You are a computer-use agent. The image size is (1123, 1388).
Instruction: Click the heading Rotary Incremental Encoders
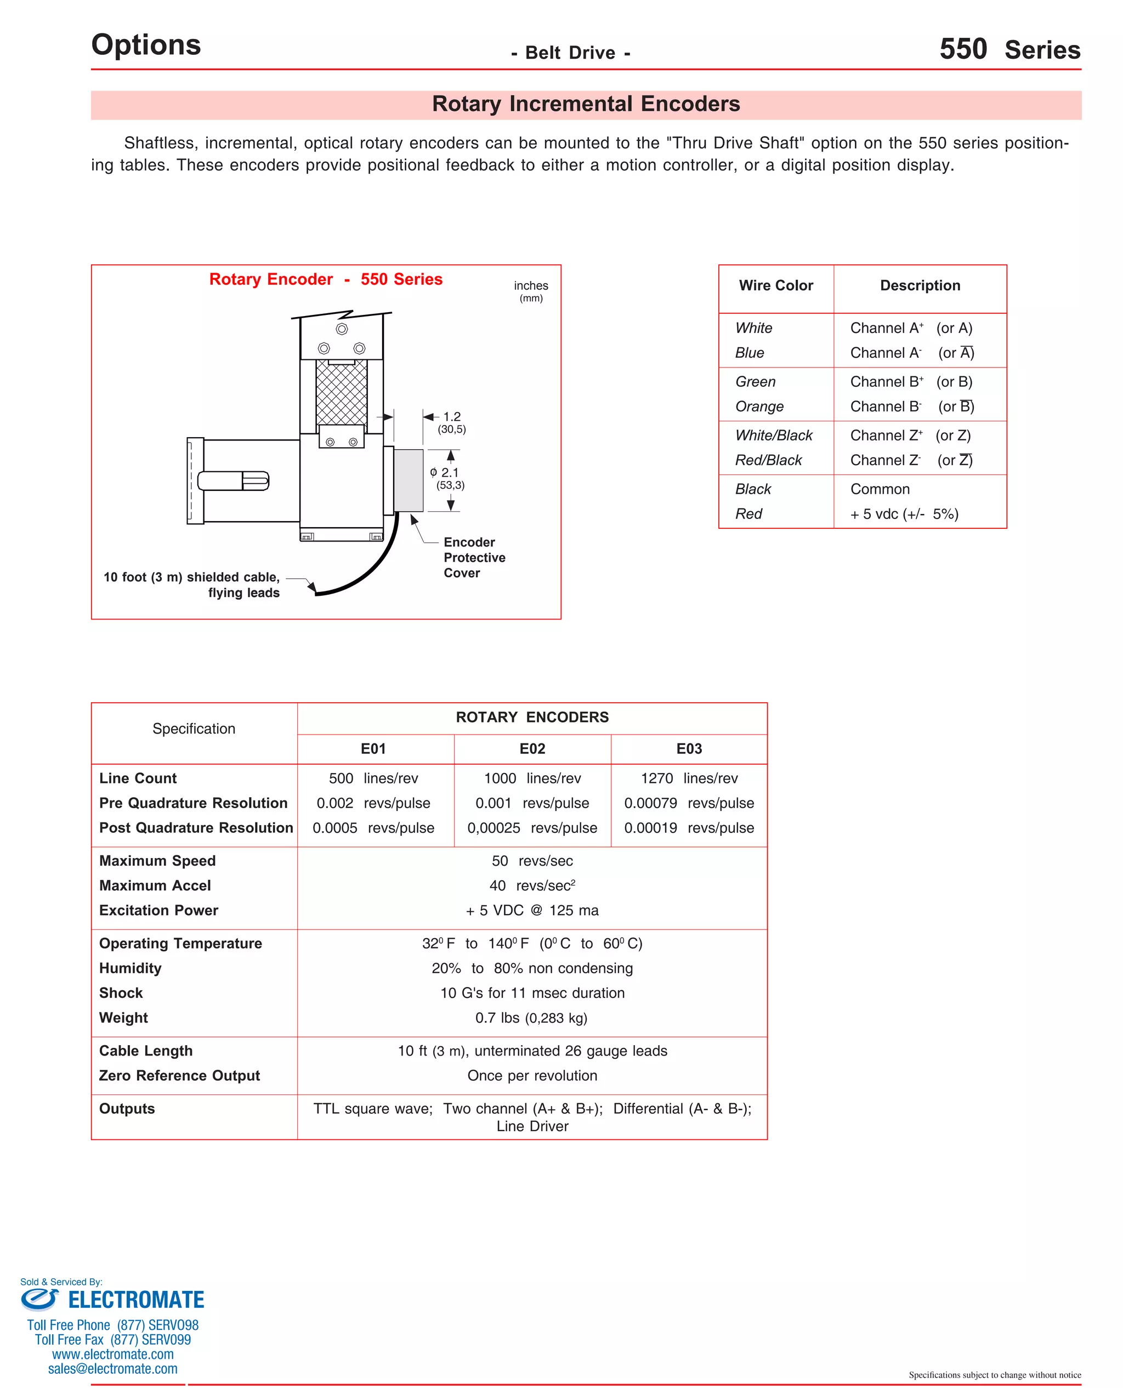586,104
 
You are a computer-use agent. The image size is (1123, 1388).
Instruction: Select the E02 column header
532,749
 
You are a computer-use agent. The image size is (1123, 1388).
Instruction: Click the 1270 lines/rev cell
689,778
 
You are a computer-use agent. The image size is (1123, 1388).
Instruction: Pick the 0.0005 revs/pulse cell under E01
373,828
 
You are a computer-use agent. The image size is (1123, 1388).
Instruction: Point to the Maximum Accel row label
155,886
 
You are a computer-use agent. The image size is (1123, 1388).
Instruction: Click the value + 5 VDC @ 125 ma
532,911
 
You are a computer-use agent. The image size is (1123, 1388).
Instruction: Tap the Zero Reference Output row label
179,1075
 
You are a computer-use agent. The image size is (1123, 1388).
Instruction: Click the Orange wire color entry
759,407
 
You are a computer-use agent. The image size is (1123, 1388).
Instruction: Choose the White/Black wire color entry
773,436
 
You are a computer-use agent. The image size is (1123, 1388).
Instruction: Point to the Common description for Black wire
879,489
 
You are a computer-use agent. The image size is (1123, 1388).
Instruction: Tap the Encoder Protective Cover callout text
474,558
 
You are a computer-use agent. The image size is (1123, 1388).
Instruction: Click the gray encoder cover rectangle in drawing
408,480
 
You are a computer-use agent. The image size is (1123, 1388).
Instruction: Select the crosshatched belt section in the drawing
342,393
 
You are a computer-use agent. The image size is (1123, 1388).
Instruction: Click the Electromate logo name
135,1300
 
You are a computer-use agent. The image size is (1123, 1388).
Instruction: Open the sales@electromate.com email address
112,1369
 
